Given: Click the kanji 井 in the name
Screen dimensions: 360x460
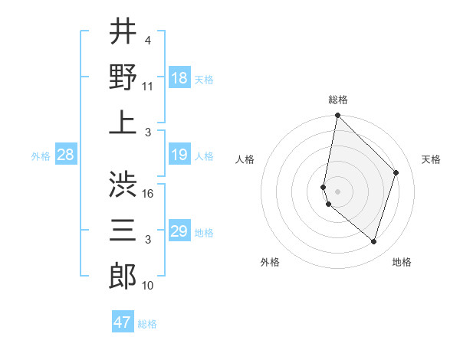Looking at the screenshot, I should (123, 32).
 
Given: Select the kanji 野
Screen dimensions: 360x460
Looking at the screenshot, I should (123, 77).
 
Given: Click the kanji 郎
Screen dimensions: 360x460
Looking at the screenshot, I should (123, 276).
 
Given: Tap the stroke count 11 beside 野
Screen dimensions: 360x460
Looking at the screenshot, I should (149, 87).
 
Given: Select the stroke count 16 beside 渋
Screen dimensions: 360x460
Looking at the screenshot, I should (149, 194).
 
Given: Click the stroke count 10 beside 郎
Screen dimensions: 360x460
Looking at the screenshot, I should (149, 286).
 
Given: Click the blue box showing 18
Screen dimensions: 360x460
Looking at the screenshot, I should (179, 78).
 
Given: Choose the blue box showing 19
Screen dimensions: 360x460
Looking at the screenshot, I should (179, 155).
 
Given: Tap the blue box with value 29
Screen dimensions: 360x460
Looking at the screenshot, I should (179, 231).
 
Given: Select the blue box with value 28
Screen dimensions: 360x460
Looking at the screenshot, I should (65, 155).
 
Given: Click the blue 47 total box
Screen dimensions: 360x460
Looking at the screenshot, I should (123, 322).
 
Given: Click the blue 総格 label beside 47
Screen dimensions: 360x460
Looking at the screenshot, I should (147, 324).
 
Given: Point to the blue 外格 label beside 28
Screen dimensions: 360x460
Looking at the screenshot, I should (41, 156).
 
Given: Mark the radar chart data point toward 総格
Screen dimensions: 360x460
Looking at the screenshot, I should (337, 116).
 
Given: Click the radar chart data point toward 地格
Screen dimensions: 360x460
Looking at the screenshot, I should (374, 242).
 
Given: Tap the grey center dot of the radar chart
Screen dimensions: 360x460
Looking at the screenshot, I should (338, 191).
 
